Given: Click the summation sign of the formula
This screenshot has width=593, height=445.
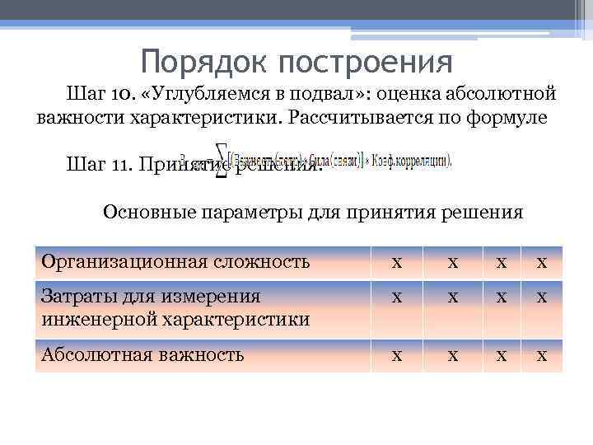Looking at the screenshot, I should [x=222, y=164].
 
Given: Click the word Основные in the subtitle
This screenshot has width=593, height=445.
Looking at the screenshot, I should [x=147, y=213].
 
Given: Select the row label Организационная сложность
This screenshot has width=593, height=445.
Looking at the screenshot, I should [x=175, y=262].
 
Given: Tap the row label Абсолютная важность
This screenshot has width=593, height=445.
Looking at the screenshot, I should [x=142, y=354].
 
